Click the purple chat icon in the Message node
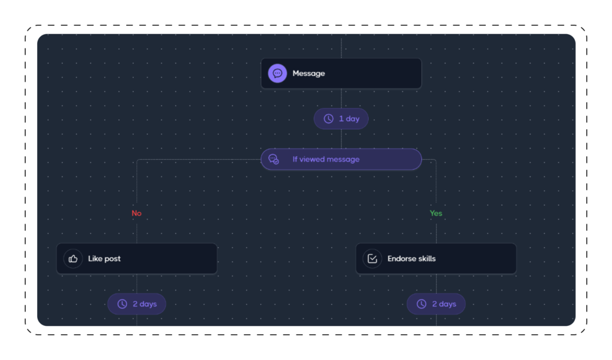[x=277, y=74]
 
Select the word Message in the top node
[x=308, y=74]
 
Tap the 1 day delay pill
[x=341, y=118]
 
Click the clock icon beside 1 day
[x=329, y=118]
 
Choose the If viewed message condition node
[x=341, y=159]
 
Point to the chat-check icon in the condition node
[x=274, y=159]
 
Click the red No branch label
[x=137, y=213]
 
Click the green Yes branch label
[x=436, y=213]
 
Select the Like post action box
[x=137, y=258]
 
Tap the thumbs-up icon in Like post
[x=73, y=258]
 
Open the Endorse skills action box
[x=436, y=258]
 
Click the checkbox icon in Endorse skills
[x=372, y=258]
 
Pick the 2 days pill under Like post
[x=137, y=304]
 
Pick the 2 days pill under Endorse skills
[x=436, y=304]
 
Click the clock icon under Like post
[x=122, y=304]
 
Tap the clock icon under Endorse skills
[x=421, y=304]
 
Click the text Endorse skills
[x=411, y=258]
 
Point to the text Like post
[x=104, y=258]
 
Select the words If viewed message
[x=326, y=159]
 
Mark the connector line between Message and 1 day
[x=341, y=99]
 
